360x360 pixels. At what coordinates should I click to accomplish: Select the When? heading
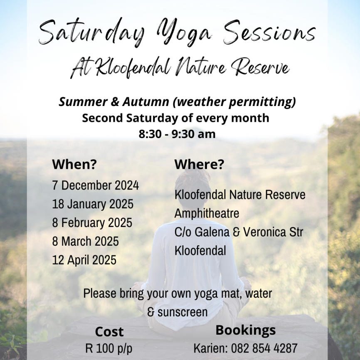tap(74, 164)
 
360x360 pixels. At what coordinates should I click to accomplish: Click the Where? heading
tap(199, 164)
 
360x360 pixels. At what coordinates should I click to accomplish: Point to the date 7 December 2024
tap(96, 185)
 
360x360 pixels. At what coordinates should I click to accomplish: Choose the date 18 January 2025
tap(93, 204)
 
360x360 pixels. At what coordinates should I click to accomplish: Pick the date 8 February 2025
tap(92, 223)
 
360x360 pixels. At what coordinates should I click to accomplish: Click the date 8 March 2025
tap(85, 241)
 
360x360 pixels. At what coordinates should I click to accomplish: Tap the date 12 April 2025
tap(84, 260)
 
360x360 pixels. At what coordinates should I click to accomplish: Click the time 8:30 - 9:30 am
tap(177, 134)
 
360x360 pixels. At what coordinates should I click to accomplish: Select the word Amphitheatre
tap(207, 213)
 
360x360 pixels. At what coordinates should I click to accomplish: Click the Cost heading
tap(109, 332)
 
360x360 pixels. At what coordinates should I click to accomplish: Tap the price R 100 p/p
tap(109, 348)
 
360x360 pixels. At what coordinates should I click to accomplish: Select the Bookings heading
tap(245, 330)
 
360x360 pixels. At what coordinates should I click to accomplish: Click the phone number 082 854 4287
tap(264, 348)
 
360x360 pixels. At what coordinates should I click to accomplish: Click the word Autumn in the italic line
tap(146, 102)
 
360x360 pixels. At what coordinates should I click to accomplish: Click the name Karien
tap(210, 348)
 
